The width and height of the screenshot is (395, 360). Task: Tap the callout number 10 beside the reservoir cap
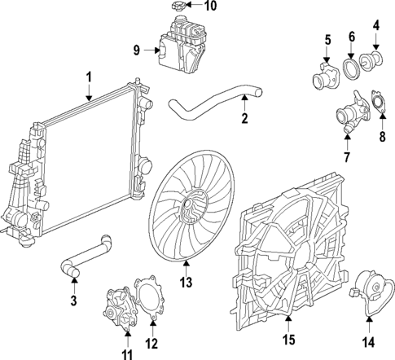point(210,7)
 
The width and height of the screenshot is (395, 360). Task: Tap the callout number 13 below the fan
point(187,282)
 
